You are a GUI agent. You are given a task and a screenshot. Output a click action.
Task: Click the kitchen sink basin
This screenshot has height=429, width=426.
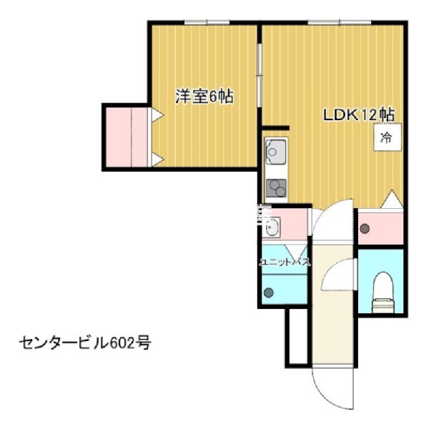(x=275, y=151)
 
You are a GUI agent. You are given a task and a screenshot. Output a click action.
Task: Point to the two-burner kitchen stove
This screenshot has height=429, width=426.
(x=275, y=189)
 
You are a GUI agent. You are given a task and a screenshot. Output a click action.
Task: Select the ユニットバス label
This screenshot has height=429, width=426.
(x=284, y=262)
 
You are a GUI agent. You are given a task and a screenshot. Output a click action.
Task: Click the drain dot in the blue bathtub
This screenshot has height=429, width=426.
(x=268, y=292)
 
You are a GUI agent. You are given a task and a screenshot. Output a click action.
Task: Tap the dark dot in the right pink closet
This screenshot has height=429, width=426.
(x=365, y=230)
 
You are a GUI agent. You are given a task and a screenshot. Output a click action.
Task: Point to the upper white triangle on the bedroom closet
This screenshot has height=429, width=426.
(x=157, y=113)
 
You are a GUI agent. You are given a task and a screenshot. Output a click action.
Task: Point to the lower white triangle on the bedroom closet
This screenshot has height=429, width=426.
(x=157, y=160)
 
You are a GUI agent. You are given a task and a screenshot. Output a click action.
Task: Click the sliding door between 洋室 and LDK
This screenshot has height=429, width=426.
(x=259, y=71)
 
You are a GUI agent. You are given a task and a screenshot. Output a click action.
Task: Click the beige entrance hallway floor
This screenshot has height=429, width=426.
(x=332, y=307)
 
